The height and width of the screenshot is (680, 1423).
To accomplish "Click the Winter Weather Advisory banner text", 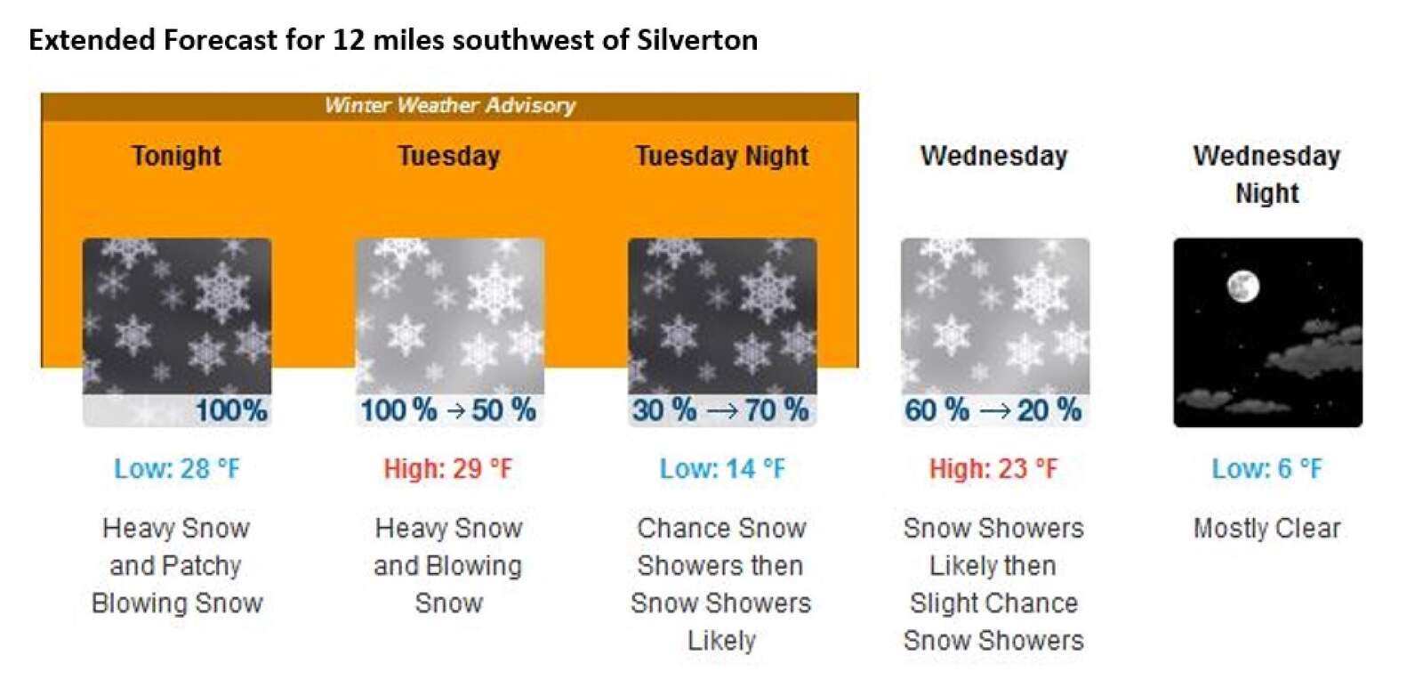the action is point(450,105).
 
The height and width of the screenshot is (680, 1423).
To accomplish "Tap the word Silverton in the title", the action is point(697,40).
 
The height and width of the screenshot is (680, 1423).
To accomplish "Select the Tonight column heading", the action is point(176,157).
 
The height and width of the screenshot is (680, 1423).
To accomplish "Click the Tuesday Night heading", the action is point(721,157).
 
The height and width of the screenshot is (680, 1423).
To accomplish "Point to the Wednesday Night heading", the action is point(1266,174).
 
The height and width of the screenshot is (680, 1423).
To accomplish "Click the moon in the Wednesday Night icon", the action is point(1242,286).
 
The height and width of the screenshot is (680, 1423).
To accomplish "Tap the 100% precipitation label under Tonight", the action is point(231,410).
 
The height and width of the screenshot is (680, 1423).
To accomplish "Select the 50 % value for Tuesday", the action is point(503,410).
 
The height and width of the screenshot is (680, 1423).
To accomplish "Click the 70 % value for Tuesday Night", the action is point(776,410).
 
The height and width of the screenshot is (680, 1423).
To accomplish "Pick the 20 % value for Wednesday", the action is point(1049,410).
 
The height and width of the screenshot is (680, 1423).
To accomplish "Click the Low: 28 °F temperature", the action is point(177,469).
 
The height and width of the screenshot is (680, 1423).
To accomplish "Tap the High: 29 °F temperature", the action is point(448,469).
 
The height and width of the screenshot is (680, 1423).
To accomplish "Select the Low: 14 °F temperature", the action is point(722,469).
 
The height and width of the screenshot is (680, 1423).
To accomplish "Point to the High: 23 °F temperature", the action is point(993,469).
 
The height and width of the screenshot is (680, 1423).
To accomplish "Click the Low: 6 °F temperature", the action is point(1266,469).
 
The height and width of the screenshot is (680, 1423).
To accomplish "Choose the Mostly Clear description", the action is point(1266,529).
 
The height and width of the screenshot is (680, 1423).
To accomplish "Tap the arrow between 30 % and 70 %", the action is point(720,411).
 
